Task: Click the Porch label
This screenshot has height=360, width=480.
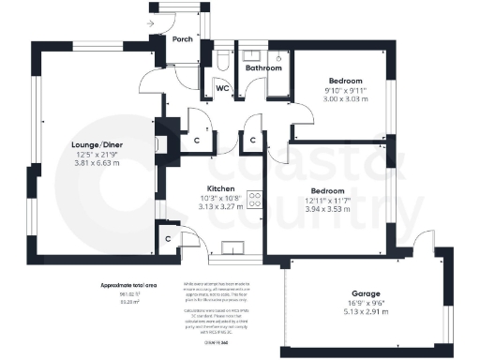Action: coord(182,39)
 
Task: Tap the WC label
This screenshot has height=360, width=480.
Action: coord(223,88)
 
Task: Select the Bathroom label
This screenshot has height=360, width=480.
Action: coord(263,68)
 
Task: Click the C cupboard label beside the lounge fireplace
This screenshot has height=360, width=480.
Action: coord(196,141)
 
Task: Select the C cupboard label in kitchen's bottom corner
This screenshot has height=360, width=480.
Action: coord(168,238)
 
